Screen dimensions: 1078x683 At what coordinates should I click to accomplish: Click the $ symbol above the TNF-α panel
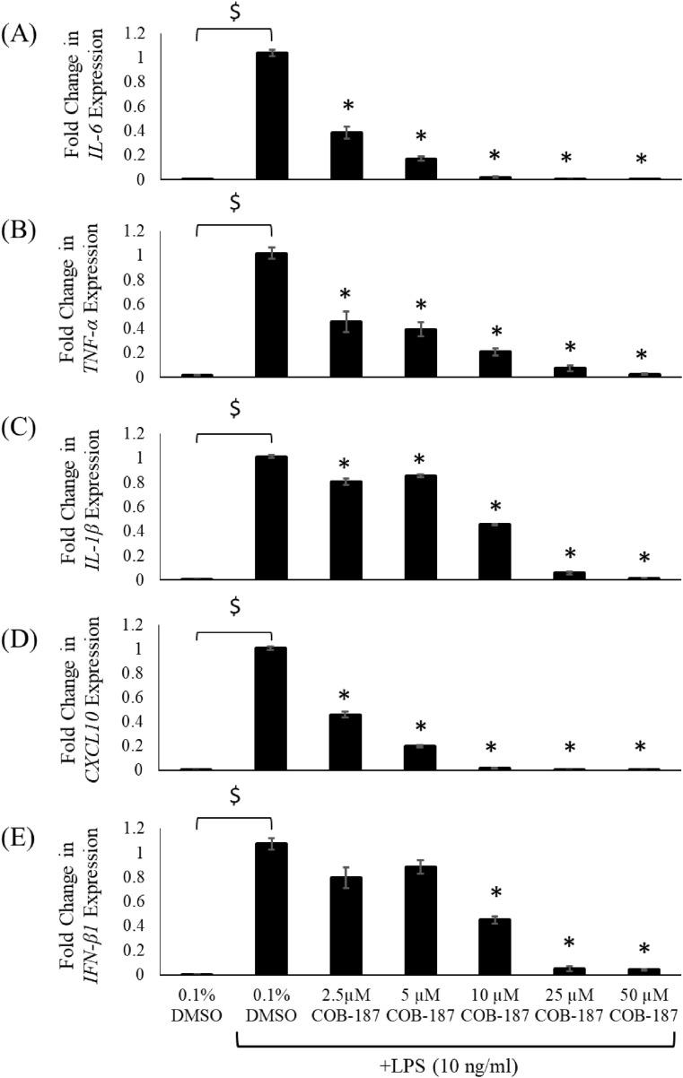[234, 203]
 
